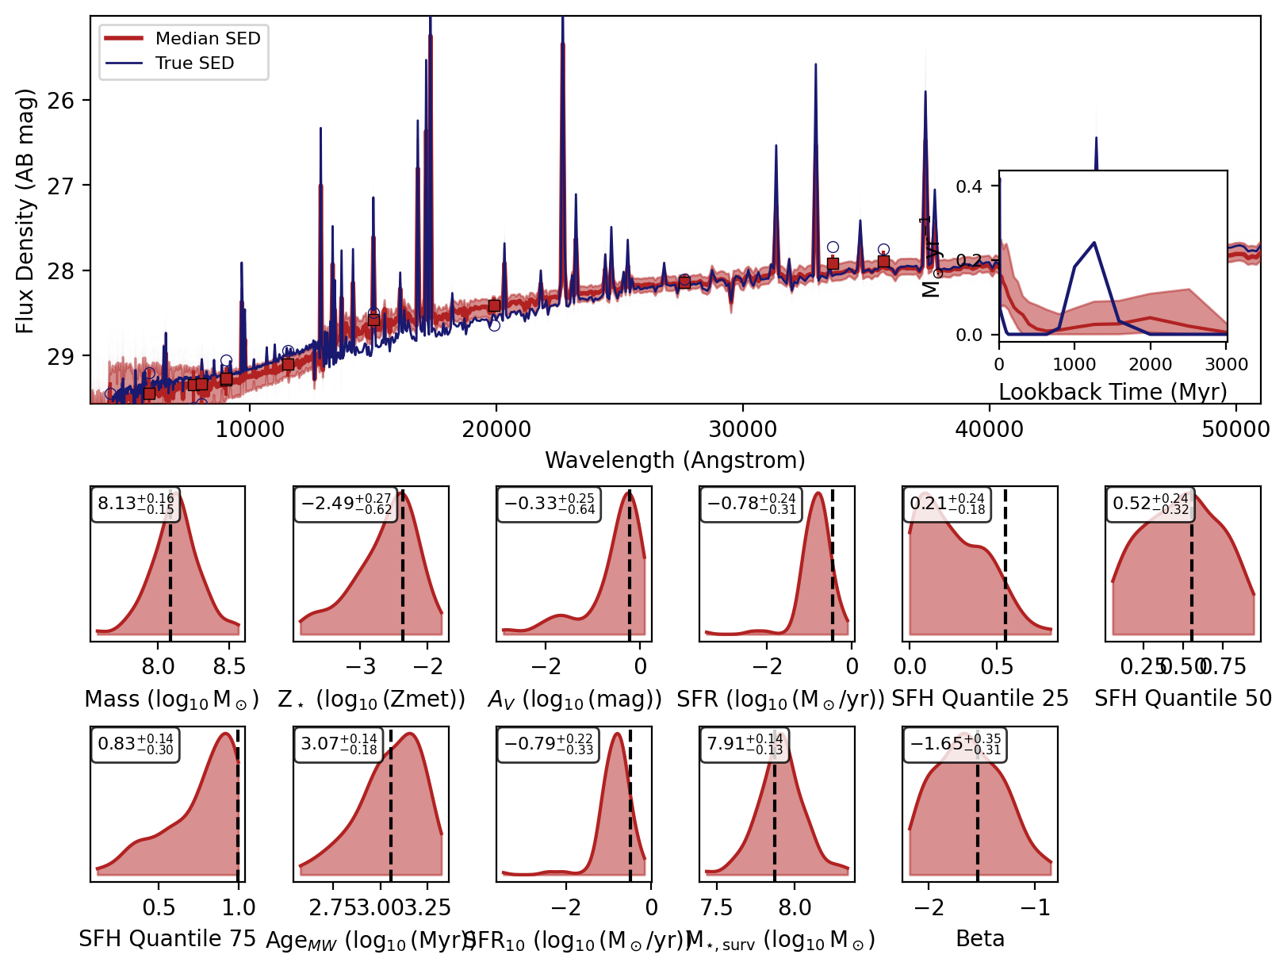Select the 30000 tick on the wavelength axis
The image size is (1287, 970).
(743, 430)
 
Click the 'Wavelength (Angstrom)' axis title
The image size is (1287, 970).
(675, 460)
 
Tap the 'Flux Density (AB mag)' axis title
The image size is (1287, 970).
(25, 211)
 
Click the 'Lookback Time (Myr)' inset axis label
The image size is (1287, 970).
(1113, 392)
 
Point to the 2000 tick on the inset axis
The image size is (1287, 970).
(1151, 364)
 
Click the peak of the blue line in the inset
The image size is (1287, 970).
(1094, 243)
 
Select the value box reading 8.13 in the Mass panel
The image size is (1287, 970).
(136, 504)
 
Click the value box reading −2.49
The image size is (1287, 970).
(347, 504)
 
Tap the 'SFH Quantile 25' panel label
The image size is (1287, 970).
(980, 699)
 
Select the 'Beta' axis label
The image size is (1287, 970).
(980, 939)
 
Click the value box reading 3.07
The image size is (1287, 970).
(339, 745)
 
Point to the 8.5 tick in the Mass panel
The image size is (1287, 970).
(230, 665)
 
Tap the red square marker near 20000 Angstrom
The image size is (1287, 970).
(494, 306)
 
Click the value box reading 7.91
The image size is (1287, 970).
(745, 745)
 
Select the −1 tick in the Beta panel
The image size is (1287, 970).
(1034, 907)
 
